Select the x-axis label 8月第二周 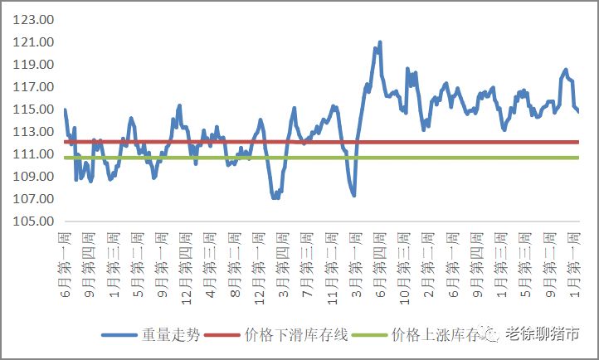point(235,262)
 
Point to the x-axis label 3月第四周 point(283,262)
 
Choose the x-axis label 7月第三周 point(307,262)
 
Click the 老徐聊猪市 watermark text point(543,334)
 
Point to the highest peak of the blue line point(380,42)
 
